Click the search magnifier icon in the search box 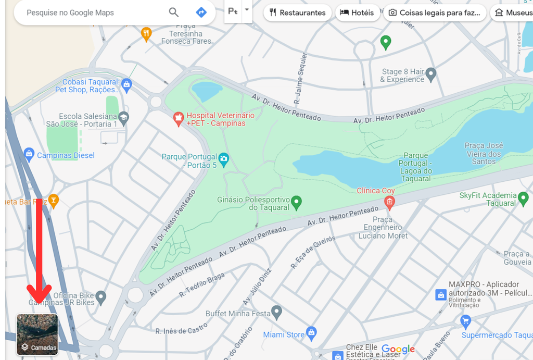(x=174, y=13)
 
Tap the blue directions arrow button (x=201, y=13)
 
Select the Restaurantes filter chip (x=298, y=13)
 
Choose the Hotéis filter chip (x=357, y=13)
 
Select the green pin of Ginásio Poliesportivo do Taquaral (x=297, y=202)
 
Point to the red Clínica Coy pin (x=389, y=202)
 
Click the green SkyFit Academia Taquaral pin (x=524, y=198)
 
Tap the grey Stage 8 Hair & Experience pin (x=431, y=75)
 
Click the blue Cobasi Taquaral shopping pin (x=126, y=84)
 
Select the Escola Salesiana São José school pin (x=123, y=118)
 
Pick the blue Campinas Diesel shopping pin (x=29, y=154)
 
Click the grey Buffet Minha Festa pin (x=277, y=313)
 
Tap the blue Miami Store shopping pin (x=312, y=332)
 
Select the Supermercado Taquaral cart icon (x=466, y=320)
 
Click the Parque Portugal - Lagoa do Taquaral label (x=416, y=167)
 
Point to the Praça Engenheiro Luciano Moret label (x=383, y=228)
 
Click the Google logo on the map (x=398, y=349)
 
